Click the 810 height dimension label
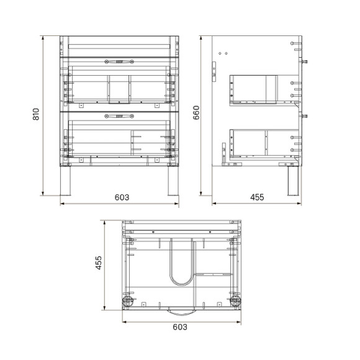point(36,115)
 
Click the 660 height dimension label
point(196,112)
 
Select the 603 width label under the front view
point(122,197)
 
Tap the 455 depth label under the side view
point(256,197)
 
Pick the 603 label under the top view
point(179,327)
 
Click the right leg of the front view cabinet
point(171,179)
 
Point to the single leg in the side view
point(290,180)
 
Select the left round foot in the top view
point(127,302)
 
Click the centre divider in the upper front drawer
point(119,88)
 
